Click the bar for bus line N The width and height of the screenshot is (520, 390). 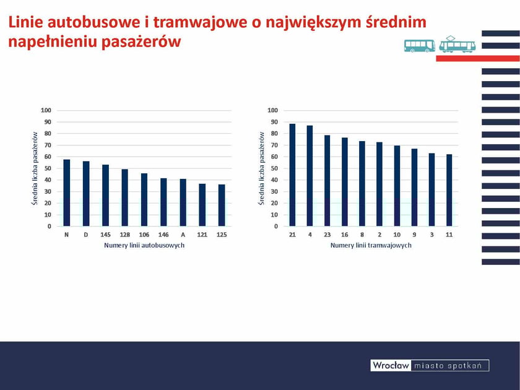click(x=66, y=193)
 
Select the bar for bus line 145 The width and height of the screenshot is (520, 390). click(x=105, y=196)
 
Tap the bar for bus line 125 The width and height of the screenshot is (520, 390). click(x=221, y=206)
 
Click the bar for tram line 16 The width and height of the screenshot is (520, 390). click(x=345, y=182)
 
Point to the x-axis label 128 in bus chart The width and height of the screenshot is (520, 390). click(x=124, y=235)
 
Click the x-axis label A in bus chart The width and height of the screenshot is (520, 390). click(x=183, y=235)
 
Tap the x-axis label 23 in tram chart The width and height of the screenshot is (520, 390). click(x=327, y=235)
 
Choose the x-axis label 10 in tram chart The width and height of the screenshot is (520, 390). click(x=397, y=235)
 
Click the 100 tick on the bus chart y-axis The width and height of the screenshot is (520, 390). click(x=46, y=110)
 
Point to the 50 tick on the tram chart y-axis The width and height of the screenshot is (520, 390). click(x=273, y=168)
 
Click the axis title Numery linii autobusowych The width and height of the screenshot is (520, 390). click(x=144, y=246)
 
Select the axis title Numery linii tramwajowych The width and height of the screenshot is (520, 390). click(x=371, y=246)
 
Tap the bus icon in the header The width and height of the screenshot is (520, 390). click(x=420, y=45)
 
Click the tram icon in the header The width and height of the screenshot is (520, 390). click(x=457, y=45)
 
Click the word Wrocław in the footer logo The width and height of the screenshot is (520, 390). click(x=391, y=366)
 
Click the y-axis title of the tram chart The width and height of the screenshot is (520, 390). click(x=262, y=168)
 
